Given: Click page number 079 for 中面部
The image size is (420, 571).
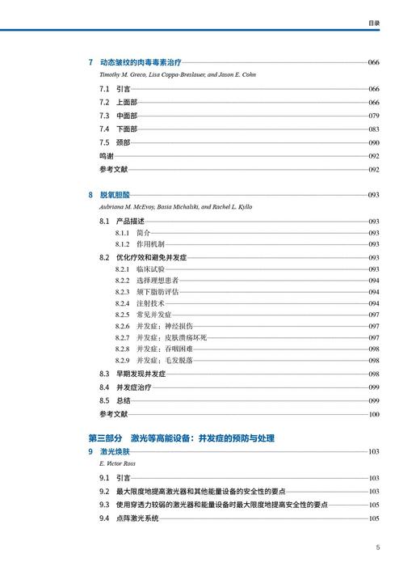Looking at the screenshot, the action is click(x=373, y=116).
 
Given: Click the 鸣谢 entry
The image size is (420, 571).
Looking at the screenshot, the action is click(x=107, y=156).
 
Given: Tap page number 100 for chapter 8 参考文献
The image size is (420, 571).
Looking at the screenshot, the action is click(x=373, y=414).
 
